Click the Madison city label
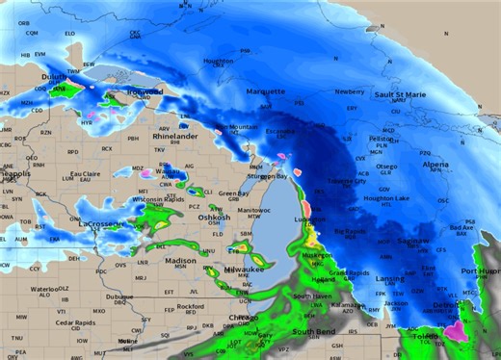pyautogui.click(x=180, y=261)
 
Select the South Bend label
pyautogui.click(x=313, y=331)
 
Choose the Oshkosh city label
pyautogui.click(x=215, y=218)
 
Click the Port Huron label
pyautogui.click(x=481, y=271)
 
